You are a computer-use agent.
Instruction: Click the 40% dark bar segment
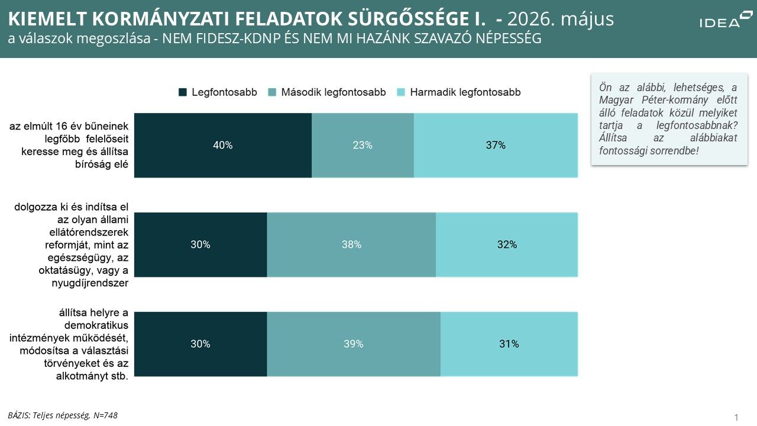point(223,146)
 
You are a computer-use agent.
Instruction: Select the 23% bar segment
point(363,146)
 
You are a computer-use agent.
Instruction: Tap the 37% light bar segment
point(496,146)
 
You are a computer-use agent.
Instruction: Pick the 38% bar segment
point(351,245)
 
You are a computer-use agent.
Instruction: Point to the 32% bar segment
point(507,245)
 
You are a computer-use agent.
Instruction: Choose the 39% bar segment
point(354,344)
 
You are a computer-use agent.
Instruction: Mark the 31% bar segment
point(509,344)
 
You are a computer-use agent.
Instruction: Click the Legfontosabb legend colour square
point(183,92)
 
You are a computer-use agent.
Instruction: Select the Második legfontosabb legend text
point(334,92)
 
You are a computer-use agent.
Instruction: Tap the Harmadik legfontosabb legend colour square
point(401,92)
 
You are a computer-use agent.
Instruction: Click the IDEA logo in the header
point(724,20)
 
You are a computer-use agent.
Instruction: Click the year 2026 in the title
point(528,19)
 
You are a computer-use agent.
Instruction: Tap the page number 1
point(736,417)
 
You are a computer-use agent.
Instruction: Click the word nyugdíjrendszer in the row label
point(90,283)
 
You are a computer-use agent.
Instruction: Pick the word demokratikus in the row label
point(96,325)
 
